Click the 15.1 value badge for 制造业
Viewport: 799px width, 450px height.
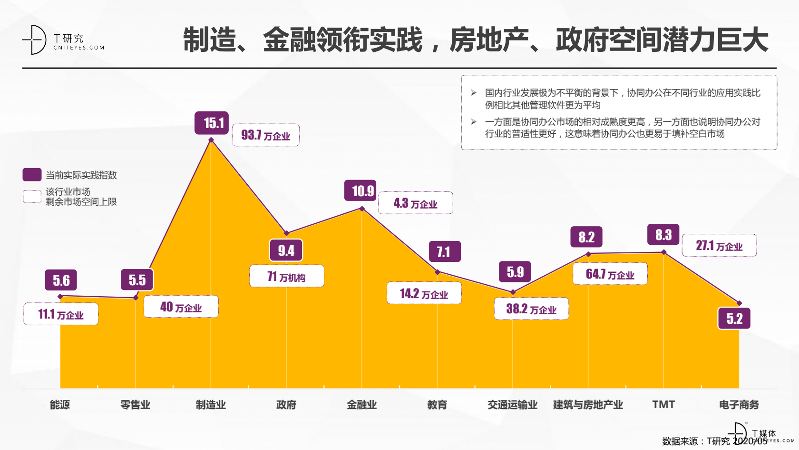[212, 123]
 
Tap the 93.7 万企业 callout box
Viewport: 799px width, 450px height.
[265, 135]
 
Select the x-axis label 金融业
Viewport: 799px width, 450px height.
[361, 405]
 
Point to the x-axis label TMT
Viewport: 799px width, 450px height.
[663, 405]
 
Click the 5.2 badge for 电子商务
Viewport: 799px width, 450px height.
[734, 319]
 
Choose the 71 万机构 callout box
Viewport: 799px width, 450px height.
[286, 276]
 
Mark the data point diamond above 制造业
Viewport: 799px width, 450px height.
[211, 140]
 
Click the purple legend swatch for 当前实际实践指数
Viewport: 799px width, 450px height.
[32, 175]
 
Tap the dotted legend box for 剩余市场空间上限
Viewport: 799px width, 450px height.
[32, 196]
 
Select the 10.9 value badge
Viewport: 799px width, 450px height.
[361, 191]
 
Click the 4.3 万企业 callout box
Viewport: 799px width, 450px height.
[415, 203]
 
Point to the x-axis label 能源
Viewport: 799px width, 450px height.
[60, 405]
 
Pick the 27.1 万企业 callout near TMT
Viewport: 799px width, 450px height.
[719, 246]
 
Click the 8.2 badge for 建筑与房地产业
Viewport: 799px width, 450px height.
[586, 237]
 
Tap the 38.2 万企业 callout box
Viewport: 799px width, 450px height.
[531, 309]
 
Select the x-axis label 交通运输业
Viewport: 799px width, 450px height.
[512, 405]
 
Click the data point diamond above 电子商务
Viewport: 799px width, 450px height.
[739, 303]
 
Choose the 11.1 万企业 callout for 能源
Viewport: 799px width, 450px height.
[61, 314]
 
